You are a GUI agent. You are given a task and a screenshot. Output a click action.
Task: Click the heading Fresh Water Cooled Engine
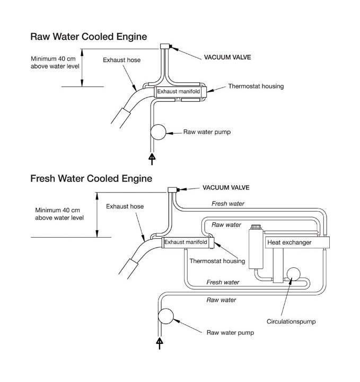pos(91,178)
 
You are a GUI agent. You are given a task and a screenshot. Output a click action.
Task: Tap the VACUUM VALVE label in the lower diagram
pos(226,187)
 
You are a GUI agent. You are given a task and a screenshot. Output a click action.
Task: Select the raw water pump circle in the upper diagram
pos(158,132)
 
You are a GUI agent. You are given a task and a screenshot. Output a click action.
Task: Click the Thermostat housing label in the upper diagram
pos(256,86)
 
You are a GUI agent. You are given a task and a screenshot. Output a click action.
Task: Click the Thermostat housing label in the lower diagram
pos(217,261)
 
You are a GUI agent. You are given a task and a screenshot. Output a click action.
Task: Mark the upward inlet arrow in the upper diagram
pos(152,158)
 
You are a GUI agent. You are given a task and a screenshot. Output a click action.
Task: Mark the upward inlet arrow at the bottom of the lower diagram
pos(160,344)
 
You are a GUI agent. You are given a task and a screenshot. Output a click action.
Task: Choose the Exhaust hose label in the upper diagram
pos(122,60)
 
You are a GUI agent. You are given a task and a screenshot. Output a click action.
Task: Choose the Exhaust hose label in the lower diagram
pos(124,206)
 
